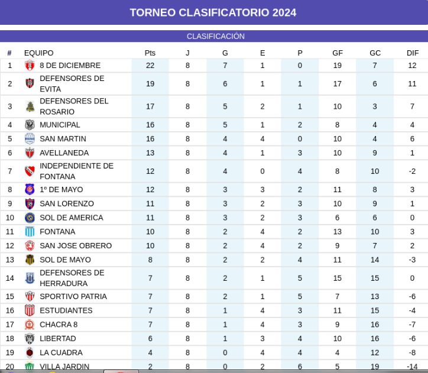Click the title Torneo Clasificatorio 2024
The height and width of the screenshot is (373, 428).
[x=213, y=12]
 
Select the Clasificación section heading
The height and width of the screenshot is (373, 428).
[x=216, y=36]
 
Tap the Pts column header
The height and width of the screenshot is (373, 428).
[x=150, y=53]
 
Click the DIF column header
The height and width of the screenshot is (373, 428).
[x=413, y=53]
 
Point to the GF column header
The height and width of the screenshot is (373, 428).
[x=338, y=53]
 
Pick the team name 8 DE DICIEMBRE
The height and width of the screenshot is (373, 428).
[x=70, y=66]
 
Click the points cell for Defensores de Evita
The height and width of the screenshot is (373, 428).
[x=150, y=84]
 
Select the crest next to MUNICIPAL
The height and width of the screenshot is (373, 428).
[x=30, y=125]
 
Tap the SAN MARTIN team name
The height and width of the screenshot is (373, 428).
[x=63, y=139]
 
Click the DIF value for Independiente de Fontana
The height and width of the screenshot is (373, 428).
[x=412, y=171]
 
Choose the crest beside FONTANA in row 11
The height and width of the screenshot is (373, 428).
[x=30, y=232]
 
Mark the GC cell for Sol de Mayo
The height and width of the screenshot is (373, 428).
[x=375, y=260]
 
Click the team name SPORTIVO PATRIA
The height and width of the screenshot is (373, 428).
[x=73, y=297]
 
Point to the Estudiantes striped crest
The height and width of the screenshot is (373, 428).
[x=30, y=310]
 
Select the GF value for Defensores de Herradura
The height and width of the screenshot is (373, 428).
[x=338, y=278]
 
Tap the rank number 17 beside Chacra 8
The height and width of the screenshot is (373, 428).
[x=10, y=325]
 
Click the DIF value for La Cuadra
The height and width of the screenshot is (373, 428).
[x=412, y=353]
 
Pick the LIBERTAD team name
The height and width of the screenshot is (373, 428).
[x=58, y=339]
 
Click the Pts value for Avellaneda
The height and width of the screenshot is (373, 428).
[x=150, y=153]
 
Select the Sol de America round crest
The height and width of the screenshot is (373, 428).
[x=30, y=218]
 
